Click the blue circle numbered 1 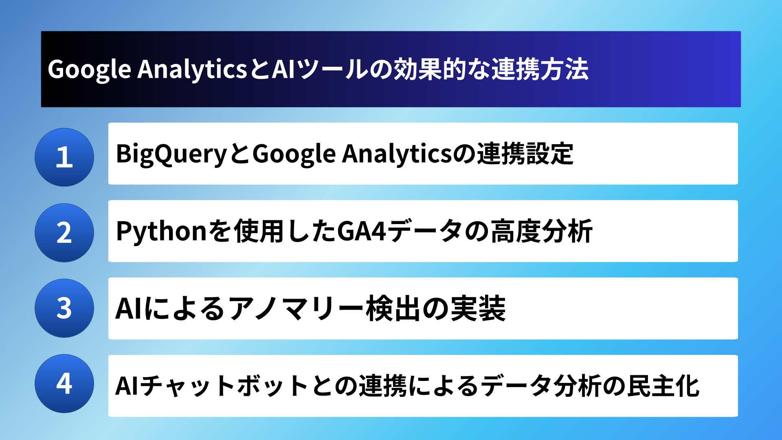click(x=64, y=157)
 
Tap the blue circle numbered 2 click(x=64, y=233)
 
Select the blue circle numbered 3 click(x=64, y=308)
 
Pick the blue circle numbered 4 click(x=64, y=383)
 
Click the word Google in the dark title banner click(x=90, y=70)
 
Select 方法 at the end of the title click(x=564, y=69)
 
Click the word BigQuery click(x=171, y=154)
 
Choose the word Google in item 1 click(x=294, y=154)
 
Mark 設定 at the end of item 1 click(x=549, y=154)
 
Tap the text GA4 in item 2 click(x=362, y=231)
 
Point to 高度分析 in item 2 click(x=541, y=231)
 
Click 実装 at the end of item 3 click(x=481, y=308)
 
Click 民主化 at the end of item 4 click(x=663, y=386)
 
